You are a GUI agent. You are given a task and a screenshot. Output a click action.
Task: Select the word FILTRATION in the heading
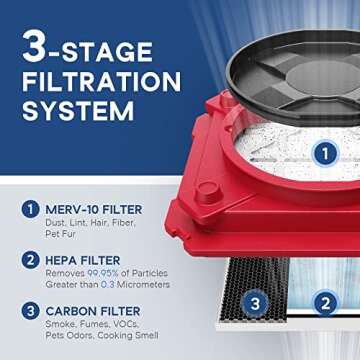coord(100,82)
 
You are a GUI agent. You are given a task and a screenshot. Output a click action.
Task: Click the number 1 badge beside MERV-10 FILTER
coord(29,210)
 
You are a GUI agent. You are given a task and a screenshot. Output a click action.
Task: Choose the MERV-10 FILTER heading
coord(93,209)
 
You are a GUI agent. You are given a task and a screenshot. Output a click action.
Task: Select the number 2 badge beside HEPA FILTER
coord(29,261)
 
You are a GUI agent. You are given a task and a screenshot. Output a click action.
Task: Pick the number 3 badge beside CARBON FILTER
coord(29,312)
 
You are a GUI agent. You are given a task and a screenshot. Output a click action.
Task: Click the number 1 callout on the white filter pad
coord(322,153)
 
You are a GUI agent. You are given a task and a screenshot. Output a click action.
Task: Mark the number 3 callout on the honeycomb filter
coord(254,303)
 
